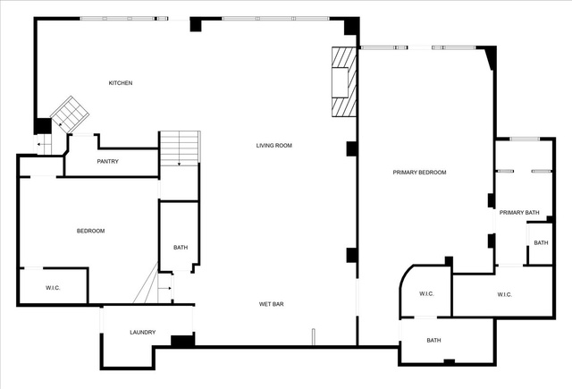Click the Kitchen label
tap(121, 83)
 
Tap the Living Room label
tap(274, 146)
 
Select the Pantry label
tap(107, 161)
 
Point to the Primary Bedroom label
tap(419, 173)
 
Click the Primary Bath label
tap(519, 212)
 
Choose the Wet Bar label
tap(272, 304)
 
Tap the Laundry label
tap(143, 333)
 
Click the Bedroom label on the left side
tap(90, 231)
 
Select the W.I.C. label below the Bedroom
tap(53, 288)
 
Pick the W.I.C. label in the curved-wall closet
tap(426, 293)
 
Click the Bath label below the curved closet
tap(433, 341)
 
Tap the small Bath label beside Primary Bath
tap(541, 243)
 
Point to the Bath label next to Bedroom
tap(181, 248)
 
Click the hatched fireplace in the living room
tap(343, 81)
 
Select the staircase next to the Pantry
tap(180, 148)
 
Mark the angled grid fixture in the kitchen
tap(70, 114)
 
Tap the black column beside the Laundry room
tap(182, 341)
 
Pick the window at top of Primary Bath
tap(525, 139)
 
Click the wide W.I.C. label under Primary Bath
tap(504, 295)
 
